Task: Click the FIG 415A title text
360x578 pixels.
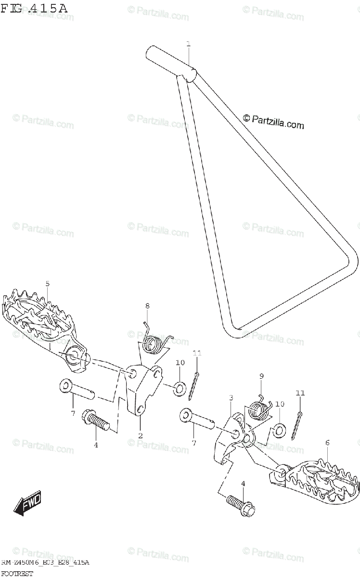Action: (34, 8)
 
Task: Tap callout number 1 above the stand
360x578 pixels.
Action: (188, 44)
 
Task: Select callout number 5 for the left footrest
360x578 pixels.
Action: (47, 284)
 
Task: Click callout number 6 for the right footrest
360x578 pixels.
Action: (327, 442)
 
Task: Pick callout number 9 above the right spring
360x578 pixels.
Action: (261, 376)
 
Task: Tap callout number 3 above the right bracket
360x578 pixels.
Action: (231, 398)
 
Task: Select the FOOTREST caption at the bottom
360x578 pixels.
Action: (17, 573)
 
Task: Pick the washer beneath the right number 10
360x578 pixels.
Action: (279, 430)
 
